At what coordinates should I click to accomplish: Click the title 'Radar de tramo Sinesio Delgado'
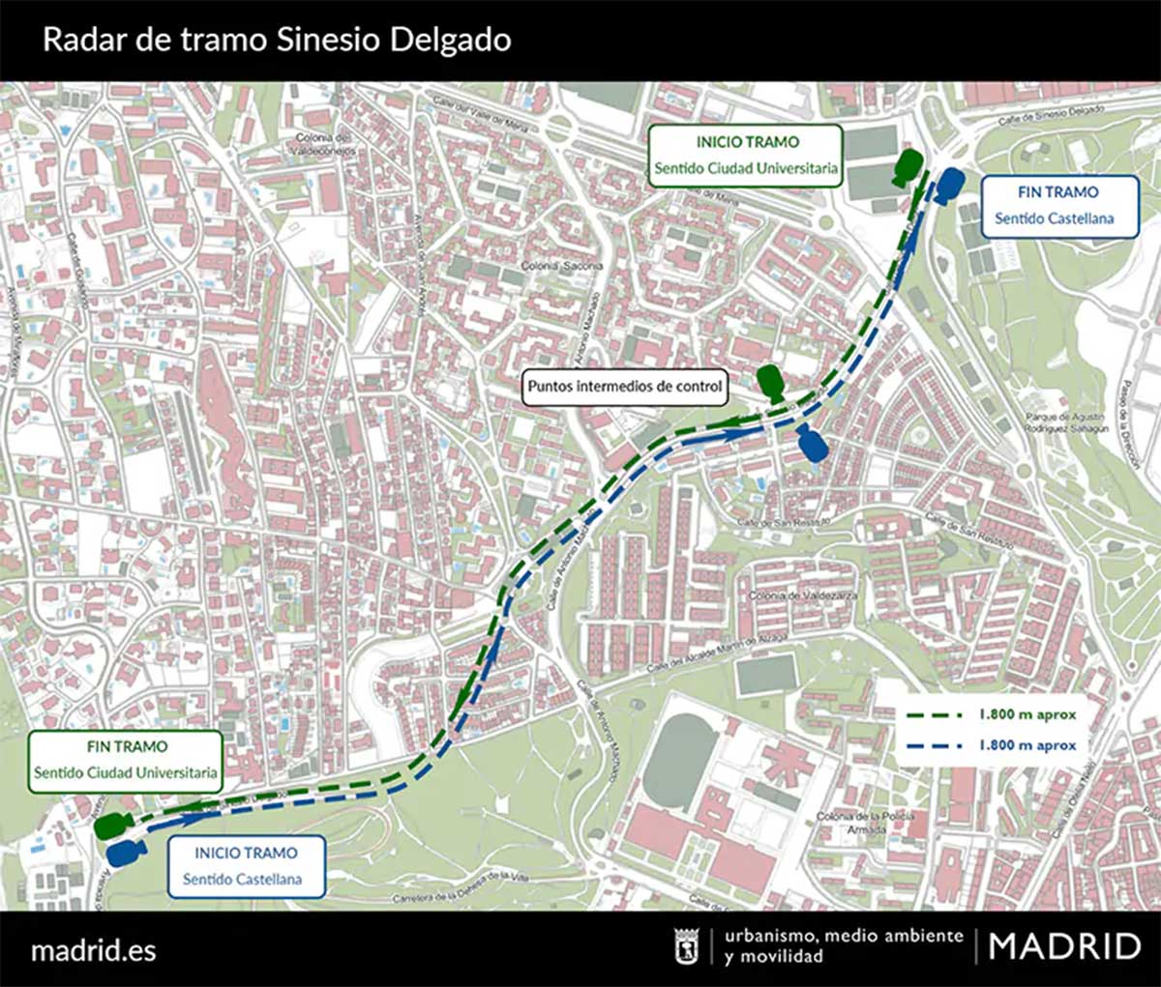pyautogui.click(x=277, y=41)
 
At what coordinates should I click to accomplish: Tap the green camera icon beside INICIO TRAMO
pyautogui.click(x=907, y=167)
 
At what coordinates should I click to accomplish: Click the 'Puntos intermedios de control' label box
pyautogui.click(x=624, y=387)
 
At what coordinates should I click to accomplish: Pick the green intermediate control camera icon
pyautogui.click(x=771, y=384)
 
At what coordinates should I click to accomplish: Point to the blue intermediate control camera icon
pyautogui.click(x=812, y=445)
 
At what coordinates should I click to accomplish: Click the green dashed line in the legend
pyautogui.click(x=934, y=715)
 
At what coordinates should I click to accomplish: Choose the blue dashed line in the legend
pyautogui.click(x=934, y=745)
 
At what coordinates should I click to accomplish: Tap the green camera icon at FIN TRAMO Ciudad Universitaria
pyautogui.click(x=113, y=826)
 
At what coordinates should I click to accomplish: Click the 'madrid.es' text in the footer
pyautogui.click(x=94, y=949)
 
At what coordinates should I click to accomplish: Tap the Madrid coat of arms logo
pyautogui.click(x=687, y=946)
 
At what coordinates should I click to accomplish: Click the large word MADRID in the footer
pyautogui.click(x=1064, y=946)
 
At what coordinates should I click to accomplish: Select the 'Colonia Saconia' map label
pyautogui.click(x=562, y=266)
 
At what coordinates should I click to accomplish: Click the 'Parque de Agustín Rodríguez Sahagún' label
pyautogui.click(x=1065, y=422)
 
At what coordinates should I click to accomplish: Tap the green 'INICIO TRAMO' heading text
pyautogui.click(x=747, y=142)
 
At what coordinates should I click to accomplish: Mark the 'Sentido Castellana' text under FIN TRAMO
pyautogui.click(x=1054, y=218)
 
